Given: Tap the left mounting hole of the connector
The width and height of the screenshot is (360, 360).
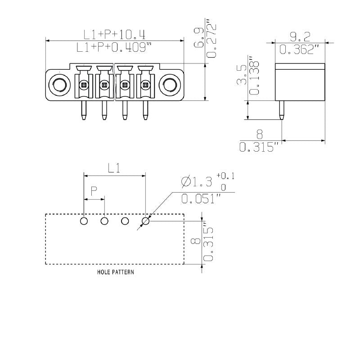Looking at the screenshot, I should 59,84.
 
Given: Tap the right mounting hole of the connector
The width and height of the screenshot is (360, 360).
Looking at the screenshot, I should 170,84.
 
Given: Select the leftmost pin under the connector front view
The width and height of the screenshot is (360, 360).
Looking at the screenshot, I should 83,110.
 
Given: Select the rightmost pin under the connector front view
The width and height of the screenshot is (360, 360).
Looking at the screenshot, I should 145,110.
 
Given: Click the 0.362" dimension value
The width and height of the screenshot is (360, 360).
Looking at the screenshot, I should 300,49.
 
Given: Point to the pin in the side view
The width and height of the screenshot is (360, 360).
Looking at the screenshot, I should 282,110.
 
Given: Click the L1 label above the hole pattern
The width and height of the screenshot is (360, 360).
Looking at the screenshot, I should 114,169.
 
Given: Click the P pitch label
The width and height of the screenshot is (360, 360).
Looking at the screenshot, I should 94,192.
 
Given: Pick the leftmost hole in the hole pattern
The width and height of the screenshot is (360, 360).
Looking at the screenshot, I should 84,221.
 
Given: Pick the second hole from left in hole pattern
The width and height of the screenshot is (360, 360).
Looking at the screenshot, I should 104,221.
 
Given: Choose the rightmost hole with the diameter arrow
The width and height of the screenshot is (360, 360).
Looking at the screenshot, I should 146,221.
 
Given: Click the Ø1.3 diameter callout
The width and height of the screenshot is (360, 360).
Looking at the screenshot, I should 195,182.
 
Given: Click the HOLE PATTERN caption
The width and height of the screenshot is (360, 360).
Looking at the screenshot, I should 115,272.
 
